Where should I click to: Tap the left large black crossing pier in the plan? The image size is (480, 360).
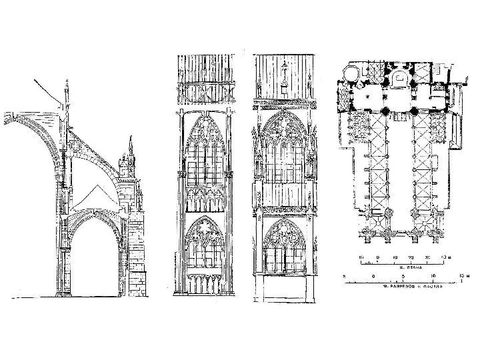point(386,110)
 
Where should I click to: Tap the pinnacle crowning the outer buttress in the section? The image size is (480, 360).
point(131,150)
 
